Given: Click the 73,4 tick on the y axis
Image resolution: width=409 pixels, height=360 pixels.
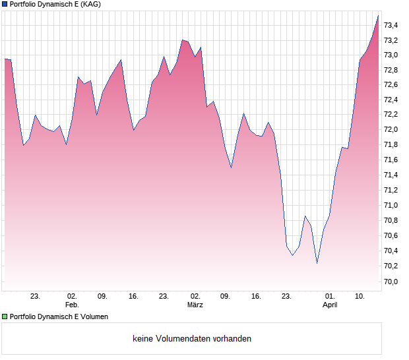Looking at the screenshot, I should click(x=391, y=25).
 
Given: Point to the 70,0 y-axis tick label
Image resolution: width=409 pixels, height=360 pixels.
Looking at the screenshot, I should click(x=391, y=281).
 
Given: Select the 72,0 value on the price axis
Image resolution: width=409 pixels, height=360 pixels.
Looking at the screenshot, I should click(x=391, y=130).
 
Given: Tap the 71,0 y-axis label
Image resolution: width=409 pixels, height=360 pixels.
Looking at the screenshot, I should click(x=391, y=205).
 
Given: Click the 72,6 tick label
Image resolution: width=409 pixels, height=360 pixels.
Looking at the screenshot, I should click(x=391, y=85).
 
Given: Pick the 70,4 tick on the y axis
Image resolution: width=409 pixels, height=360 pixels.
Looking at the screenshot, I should click(x=391, y=251).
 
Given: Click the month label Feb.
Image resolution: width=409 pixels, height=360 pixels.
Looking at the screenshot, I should click(x=71, y=305).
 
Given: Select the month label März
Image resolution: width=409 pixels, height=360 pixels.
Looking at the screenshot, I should click(x=195, y=305).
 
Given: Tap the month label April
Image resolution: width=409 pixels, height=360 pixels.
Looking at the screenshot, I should click(x=330, y=305).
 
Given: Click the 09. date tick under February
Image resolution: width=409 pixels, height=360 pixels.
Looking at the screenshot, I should click(x=102, y=297).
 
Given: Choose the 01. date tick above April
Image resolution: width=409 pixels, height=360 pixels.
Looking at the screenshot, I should click(x=330, y=297).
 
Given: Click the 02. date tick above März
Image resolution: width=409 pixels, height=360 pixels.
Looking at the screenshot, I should click(x=195, y=297).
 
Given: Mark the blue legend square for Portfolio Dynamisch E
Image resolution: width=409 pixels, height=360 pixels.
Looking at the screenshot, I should click(x=5, y=4).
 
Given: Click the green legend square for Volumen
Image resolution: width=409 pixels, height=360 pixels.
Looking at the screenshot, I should click(x=5, y=316).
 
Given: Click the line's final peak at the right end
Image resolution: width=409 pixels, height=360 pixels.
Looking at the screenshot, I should click(x=378, y=16).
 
